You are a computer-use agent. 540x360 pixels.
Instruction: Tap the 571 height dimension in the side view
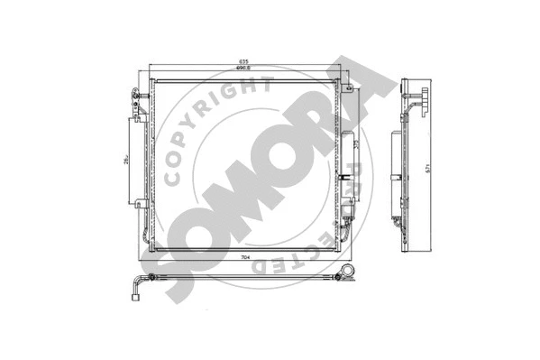[435, 167]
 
